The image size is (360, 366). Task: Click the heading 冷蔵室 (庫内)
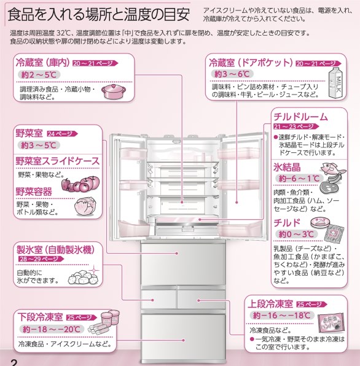(x=41, y=64)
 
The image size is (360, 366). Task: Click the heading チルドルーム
(x=301, y=117)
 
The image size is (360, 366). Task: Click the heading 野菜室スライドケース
(x=57, y=160)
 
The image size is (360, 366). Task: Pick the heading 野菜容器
(x=34, y=192)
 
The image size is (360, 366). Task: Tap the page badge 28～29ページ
(x=36, y=260)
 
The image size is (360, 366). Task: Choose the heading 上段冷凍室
(x=270, y=304)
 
